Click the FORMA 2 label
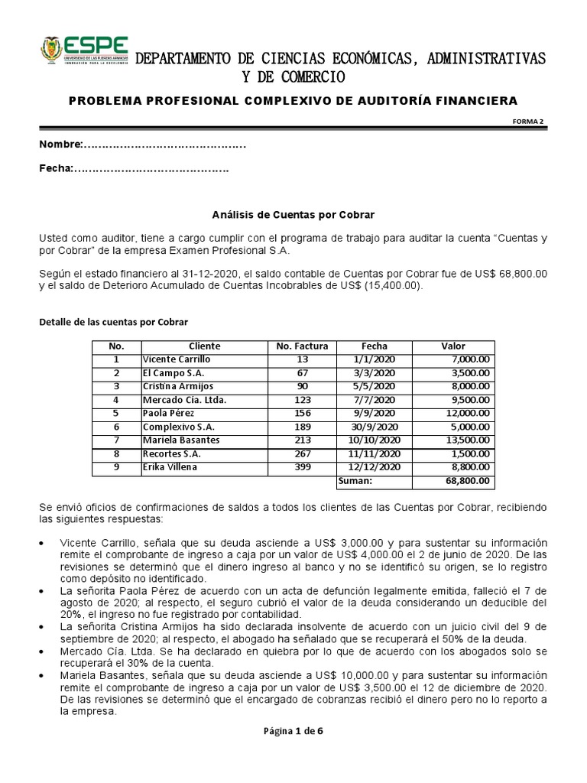(x=527, y=122)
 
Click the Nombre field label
(x=60, y=145)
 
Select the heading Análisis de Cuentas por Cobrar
(x=293, y=215)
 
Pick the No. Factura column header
(x=302, y=346)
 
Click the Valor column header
(x=453, y=346)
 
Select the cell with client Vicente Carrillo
(x=177, y=359)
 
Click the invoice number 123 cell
(x=302, y=400)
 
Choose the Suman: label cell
(x=355, y=481)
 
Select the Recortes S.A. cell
(x=172, y=453)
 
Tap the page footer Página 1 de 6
(x=293, y=731)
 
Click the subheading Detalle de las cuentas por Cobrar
(x=113, y=322)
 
